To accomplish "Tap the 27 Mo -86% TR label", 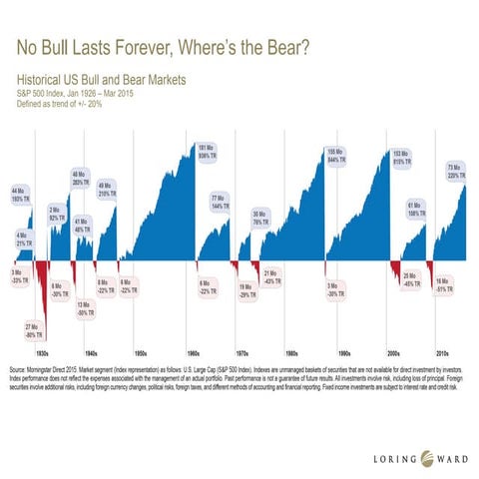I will (x=32, y=331).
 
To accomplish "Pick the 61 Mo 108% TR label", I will (x=415, y=209).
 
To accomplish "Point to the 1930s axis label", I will (x=42, y=353).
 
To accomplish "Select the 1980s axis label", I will (x=290, y=353).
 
